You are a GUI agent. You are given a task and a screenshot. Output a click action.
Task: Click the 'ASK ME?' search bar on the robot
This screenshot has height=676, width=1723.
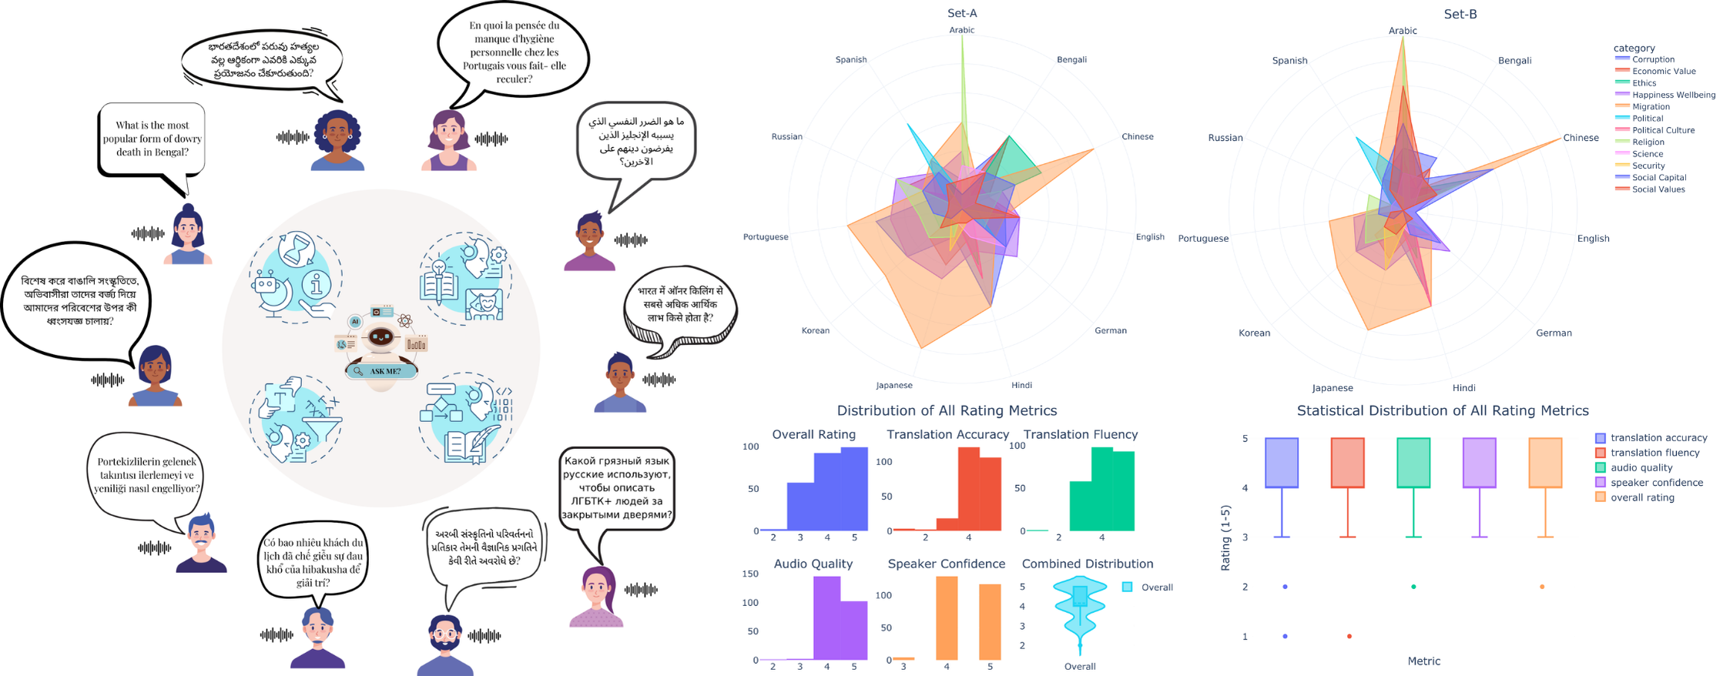382,371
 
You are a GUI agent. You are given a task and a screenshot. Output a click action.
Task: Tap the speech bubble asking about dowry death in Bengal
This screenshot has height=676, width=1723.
153,139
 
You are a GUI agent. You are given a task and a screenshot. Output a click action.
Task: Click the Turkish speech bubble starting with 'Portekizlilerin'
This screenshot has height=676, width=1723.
146,474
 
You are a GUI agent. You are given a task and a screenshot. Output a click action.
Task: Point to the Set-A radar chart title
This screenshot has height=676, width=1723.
962,13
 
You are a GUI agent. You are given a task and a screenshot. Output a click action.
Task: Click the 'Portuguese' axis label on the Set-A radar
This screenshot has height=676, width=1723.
766,236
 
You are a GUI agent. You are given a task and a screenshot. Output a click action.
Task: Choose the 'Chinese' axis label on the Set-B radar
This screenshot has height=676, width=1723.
1581,138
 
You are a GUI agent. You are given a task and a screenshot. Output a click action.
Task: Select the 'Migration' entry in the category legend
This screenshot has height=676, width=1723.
1651,107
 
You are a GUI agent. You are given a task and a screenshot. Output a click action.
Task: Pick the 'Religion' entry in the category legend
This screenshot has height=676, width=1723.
1648,142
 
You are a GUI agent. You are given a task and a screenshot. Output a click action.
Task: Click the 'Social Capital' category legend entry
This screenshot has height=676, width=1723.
1658,178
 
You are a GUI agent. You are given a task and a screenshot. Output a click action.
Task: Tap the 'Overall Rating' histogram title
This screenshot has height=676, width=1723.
813,434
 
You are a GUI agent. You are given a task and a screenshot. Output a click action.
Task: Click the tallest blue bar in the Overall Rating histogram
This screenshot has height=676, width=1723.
854,489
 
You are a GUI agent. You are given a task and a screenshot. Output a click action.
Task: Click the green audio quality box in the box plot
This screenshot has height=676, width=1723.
1413,463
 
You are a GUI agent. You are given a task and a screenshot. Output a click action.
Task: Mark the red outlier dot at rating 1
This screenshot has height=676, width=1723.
1349,636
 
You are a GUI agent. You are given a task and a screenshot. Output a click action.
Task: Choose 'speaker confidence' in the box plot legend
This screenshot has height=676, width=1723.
1657,483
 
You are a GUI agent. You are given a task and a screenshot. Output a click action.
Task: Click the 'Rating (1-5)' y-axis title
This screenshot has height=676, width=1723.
1225,537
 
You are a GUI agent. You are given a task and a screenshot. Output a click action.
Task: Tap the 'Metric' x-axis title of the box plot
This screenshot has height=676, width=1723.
1423,661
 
